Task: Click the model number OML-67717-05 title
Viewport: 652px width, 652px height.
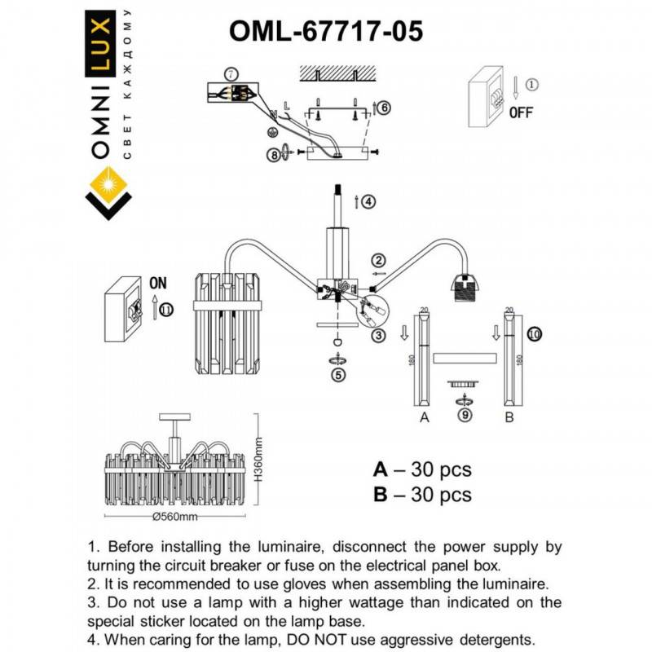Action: pos(326,32)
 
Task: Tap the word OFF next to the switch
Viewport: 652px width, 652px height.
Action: pos(521,113)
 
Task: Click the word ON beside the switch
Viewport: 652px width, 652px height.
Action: pos(157,284)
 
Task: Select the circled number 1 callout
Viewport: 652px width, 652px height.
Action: pos(531,84)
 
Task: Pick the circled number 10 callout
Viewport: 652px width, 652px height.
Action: pos(534,333)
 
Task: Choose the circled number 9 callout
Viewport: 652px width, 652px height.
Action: pos(465,415)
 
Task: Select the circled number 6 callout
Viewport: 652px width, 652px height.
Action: pos(385,107)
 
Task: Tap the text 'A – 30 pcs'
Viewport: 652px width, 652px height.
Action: pos(422,470)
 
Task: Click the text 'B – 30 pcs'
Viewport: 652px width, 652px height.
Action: pos(422,495)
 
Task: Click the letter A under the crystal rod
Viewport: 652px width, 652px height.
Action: pos(423,418)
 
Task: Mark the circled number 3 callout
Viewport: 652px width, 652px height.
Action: pos(378,335)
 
